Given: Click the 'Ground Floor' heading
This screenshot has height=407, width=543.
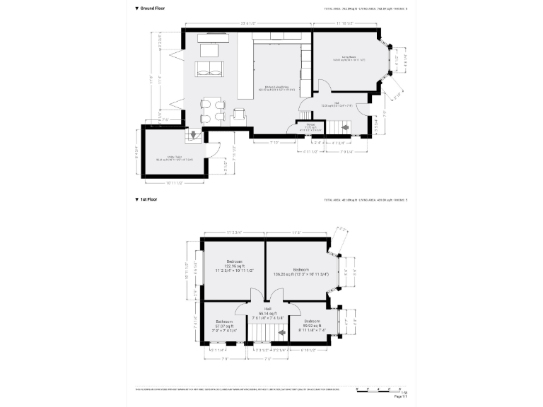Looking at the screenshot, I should tap(155, 9).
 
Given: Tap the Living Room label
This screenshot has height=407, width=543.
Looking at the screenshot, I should tap(349, 59).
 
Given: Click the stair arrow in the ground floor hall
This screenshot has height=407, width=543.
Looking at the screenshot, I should tap(346, 127).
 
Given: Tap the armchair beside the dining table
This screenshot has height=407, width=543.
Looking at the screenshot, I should tap(240, 114).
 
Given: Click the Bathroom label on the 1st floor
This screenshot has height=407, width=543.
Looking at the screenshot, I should tap(224, 326).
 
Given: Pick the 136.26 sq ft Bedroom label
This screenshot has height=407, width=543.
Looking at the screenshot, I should tap(300, 272).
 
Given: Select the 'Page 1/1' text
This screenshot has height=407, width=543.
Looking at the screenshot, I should tap(401, 397).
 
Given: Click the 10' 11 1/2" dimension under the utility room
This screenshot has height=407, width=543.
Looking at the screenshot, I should tap(175, 183).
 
